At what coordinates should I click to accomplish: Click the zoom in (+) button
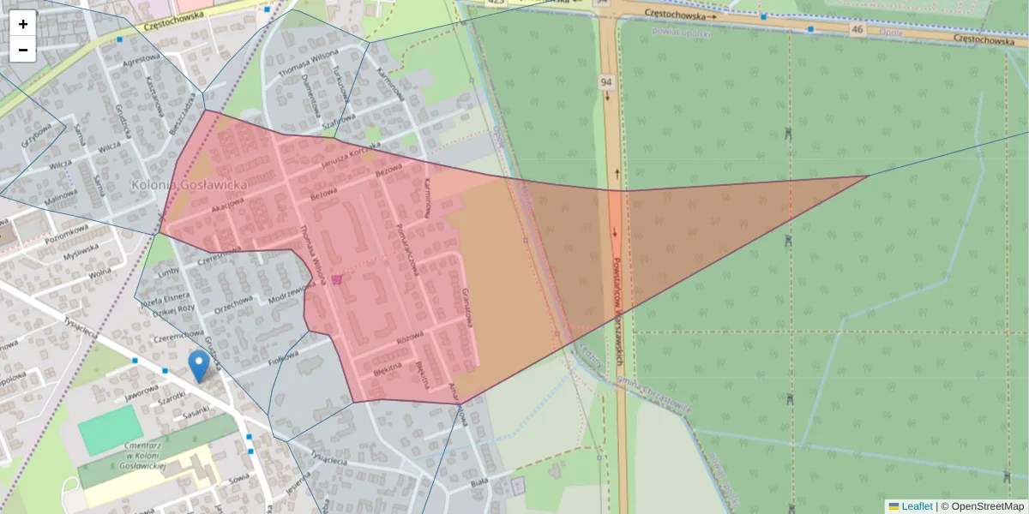23,23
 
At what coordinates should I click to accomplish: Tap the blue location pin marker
199,365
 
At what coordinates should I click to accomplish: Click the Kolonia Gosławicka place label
189,184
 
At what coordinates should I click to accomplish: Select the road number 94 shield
606,82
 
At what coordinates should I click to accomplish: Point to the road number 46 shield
857,29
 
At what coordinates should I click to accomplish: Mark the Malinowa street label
61,198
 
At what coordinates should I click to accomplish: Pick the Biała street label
478,484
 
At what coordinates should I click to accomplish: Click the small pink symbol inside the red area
337,279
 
